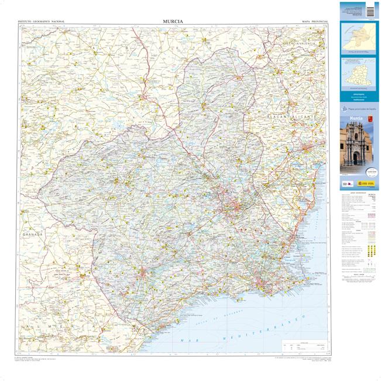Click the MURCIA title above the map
(x=173, y=22)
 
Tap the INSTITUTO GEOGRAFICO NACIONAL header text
(x=41, y=22)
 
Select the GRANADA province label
(x=32, y=234)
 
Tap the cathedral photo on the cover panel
(x=359, y=146)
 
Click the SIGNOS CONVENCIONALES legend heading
(x=358, y=192)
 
